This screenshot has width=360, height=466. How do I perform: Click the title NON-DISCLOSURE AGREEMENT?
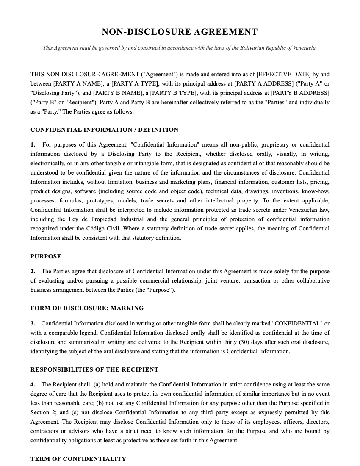coord(180,32)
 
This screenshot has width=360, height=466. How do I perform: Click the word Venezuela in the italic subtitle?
coord(302,48)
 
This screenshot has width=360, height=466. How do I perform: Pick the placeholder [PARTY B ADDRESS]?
coord(300,93)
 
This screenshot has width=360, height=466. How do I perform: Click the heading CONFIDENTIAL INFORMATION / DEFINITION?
coord(104,130)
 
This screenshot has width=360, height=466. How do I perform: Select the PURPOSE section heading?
coord(46,256)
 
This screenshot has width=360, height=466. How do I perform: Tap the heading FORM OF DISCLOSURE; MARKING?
coord(87,308)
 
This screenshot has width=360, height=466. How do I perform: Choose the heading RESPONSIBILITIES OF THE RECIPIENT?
coord(94,369)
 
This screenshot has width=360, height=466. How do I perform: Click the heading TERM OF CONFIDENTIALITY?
coord(78,459)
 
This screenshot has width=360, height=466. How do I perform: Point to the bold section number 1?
coord(33,145)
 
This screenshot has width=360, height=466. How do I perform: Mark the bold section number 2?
coord(33,272)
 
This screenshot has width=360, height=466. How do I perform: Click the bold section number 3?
coord(33,323)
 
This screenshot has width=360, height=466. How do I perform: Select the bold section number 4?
coord(33,385)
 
